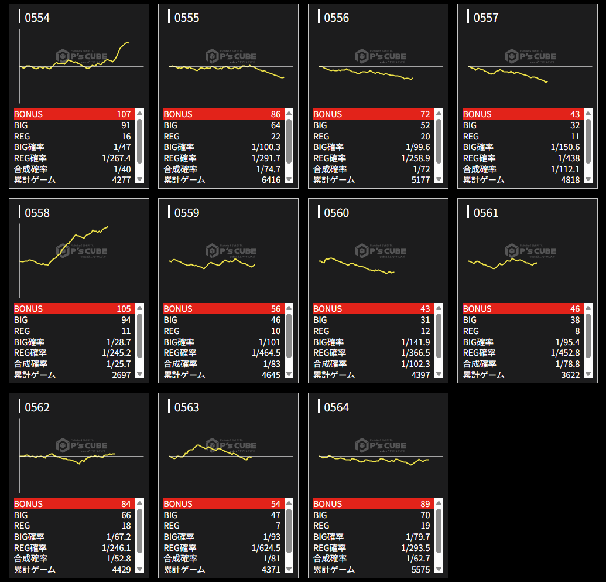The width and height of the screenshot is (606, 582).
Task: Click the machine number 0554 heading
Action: [x=37, y=18]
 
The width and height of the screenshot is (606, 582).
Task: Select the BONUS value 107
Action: [x=124, y=114]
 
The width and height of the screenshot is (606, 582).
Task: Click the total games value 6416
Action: [x=271, y=180]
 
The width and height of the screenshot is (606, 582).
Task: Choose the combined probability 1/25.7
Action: [x=118, y=364]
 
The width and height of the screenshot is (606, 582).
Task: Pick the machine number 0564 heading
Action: [x=336, y=407]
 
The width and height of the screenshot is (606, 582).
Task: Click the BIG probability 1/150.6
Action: [x=565, y=147]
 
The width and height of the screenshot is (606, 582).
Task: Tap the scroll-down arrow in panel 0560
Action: [x=439, y=374]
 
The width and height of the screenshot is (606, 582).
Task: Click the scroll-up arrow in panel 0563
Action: [x=289, y=503]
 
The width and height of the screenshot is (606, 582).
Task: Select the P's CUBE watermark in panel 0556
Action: [x=381, y=56]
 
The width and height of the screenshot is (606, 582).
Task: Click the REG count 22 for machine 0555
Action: [x=275, y=137]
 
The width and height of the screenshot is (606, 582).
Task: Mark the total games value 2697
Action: [x=121, y=375]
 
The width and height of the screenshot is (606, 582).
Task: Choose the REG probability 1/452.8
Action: [x=565, y=353]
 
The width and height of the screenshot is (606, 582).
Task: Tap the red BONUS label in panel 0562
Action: [x=29, y=504]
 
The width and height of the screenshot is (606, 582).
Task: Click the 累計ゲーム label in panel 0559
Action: [x=184, y=375]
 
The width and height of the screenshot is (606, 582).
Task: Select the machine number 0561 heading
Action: [x=486, y=213]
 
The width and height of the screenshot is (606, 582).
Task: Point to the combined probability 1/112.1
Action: [x=565, y=169]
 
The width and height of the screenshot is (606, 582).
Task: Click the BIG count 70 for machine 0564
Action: [x=424, y=515]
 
